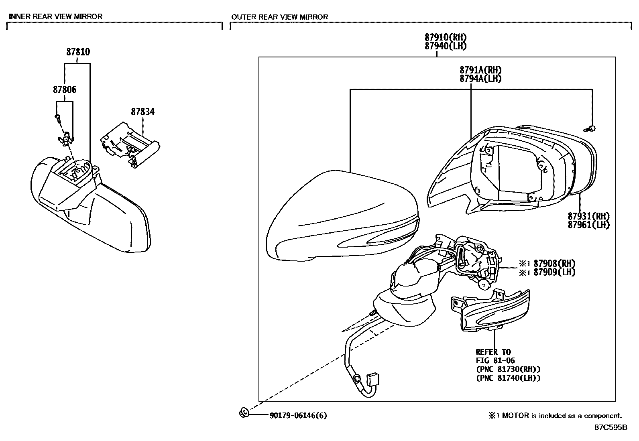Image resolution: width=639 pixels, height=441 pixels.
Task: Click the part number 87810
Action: tap(78, 52)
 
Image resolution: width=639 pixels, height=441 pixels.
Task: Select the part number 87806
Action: tap(64, 89)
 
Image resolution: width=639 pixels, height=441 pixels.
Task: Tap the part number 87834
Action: tap(142, 112)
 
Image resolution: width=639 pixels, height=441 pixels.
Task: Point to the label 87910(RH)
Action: tap(446, 38)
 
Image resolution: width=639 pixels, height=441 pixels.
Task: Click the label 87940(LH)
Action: tap(446, 46)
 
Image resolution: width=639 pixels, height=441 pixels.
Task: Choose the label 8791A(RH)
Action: tap(480, 70)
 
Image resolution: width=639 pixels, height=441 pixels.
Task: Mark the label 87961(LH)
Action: tap(588, 225)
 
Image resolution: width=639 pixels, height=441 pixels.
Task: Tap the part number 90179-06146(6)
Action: tap(298, 415)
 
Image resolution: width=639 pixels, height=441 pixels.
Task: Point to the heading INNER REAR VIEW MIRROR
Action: tap(55, 16)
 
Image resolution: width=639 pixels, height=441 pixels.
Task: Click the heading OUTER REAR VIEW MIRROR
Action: tap(279, 17)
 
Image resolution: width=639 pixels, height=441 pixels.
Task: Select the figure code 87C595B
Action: tap(611, 427)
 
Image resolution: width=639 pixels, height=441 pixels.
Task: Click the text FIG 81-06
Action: tap(495, 360)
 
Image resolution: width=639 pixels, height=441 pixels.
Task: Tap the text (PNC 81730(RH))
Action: tap(508, 369)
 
